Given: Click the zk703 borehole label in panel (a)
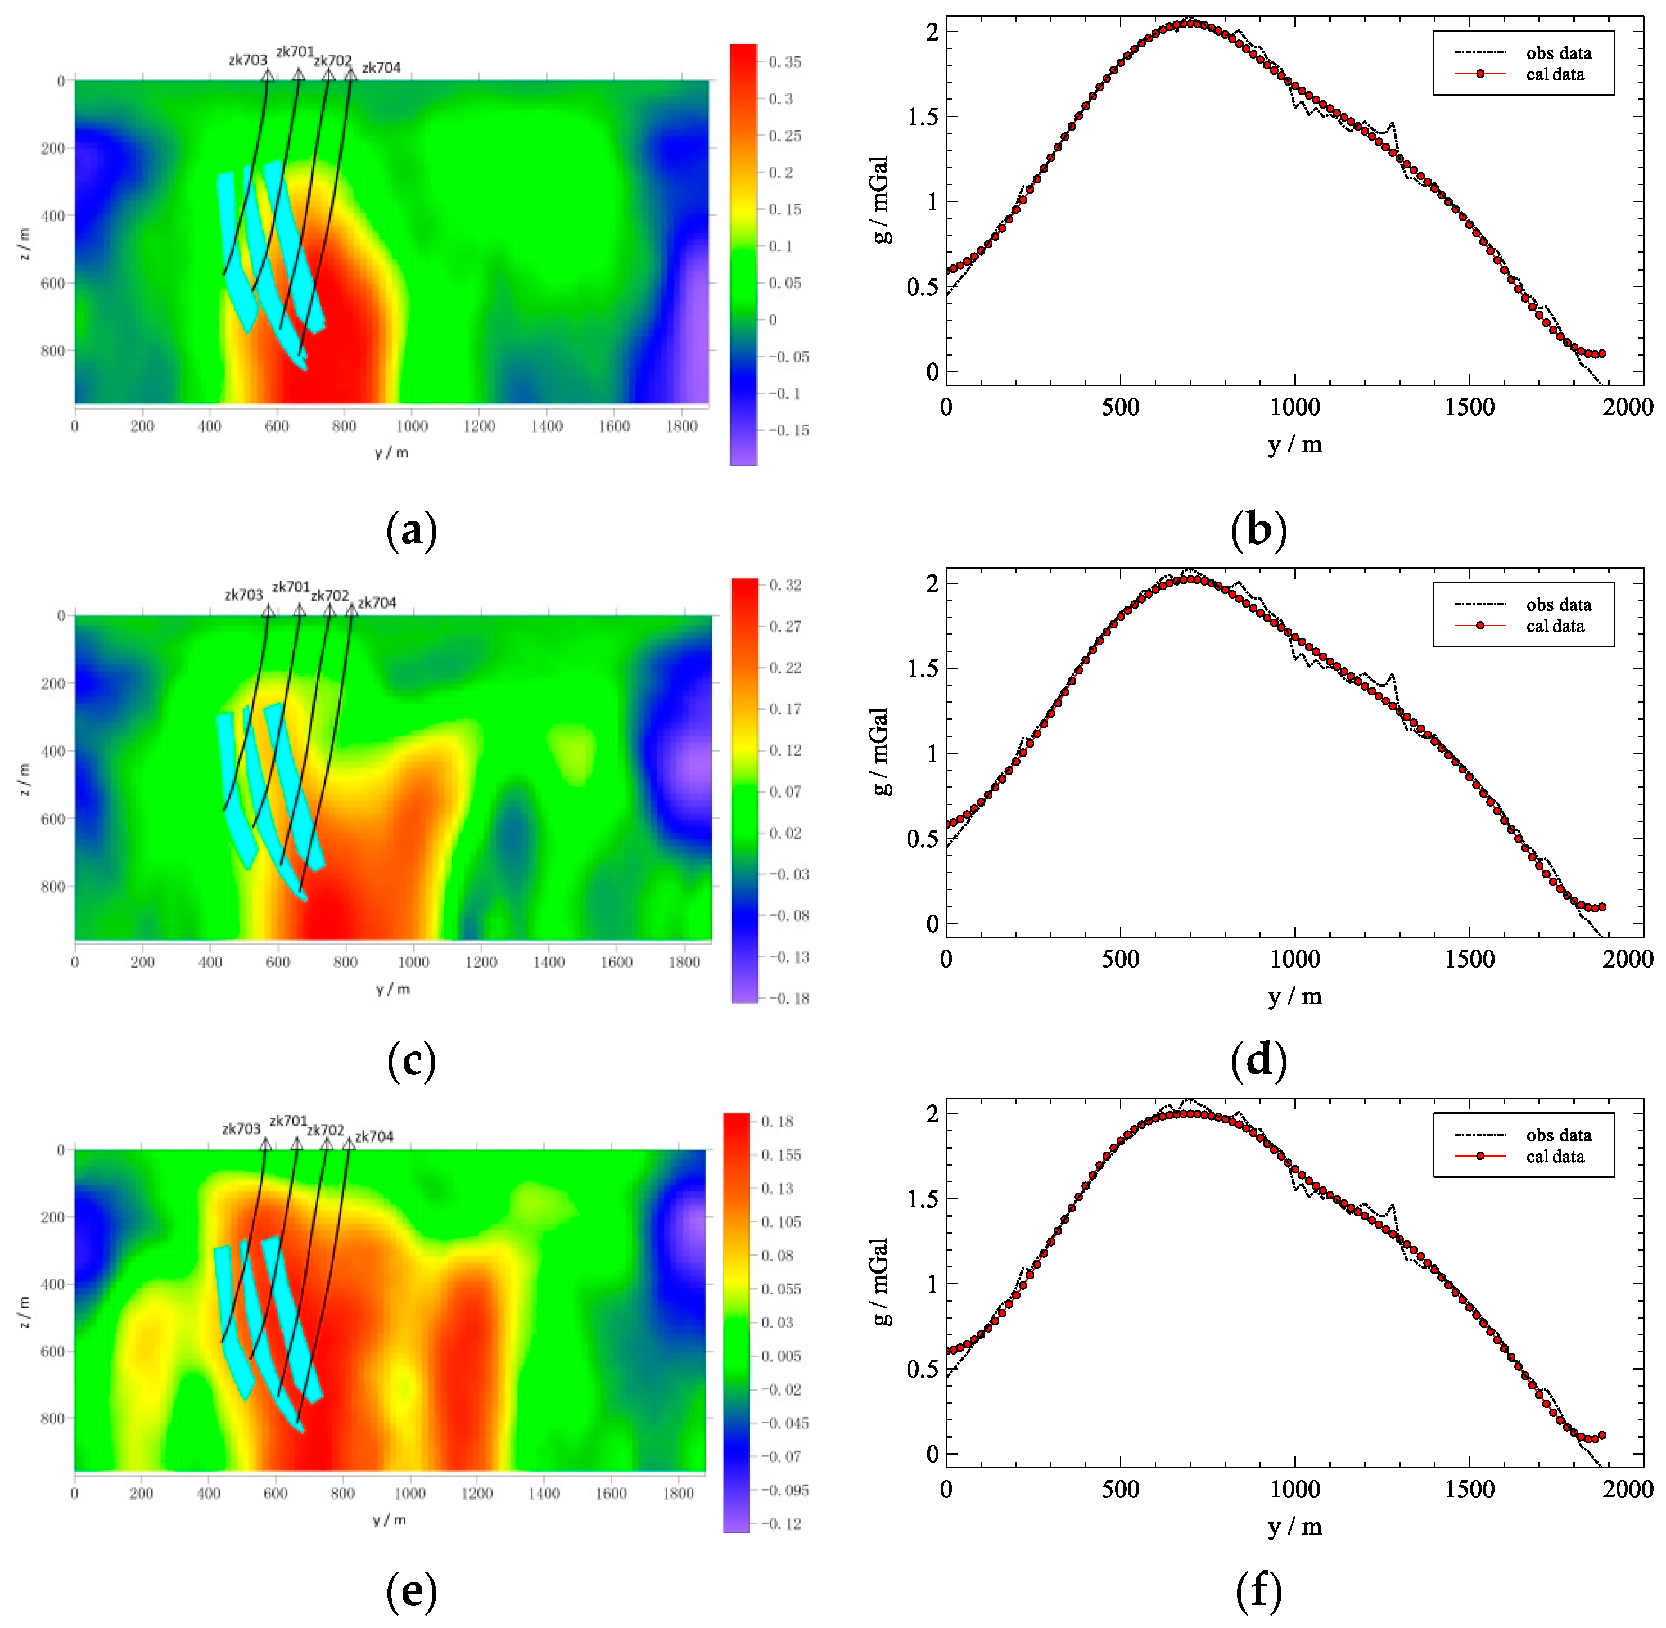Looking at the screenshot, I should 248,60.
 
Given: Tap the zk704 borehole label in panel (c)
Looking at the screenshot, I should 377,603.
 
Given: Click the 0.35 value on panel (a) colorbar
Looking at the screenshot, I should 785,62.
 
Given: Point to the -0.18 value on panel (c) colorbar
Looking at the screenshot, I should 788,998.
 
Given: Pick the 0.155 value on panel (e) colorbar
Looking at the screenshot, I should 782,1154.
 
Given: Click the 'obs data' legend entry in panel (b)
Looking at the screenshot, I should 1558,53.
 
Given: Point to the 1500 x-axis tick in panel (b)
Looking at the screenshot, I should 1469,407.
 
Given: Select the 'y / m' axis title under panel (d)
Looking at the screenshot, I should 1295,996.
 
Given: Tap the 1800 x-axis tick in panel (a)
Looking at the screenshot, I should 681,426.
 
